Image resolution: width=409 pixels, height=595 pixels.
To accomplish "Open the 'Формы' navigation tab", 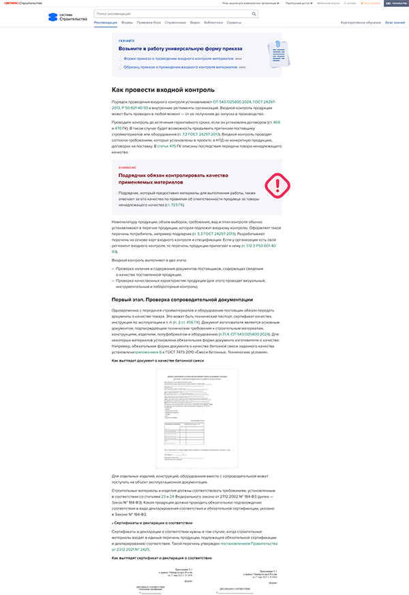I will tap(127, 22).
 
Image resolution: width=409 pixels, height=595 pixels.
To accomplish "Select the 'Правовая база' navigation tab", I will tap(149, 22).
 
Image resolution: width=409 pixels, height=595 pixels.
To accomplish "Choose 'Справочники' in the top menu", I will tap(175, 22).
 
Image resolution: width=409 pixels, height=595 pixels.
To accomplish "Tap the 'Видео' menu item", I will tap(195, 22).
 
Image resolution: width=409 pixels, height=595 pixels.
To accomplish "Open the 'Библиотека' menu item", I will tap(213, 22).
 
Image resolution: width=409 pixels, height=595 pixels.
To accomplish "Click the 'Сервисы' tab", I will tap(233, 22).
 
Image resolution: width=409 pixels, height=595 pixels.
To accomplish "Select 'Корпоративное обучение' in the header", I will tap(361, 22).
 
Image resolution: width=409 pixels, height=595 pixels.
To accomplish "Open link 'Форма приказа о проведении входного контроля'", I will tap(178, 59).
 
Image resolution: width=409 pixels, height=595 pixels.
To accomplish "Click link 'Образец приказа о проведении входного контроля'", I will tap(180, 67).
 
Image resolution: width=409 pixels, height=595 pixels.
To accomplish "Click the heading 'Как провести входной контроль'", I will tap(163, 90).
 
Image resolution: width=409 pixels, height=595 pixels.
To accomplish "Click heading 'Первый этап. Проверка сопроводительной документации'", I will tap(182, 300).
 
